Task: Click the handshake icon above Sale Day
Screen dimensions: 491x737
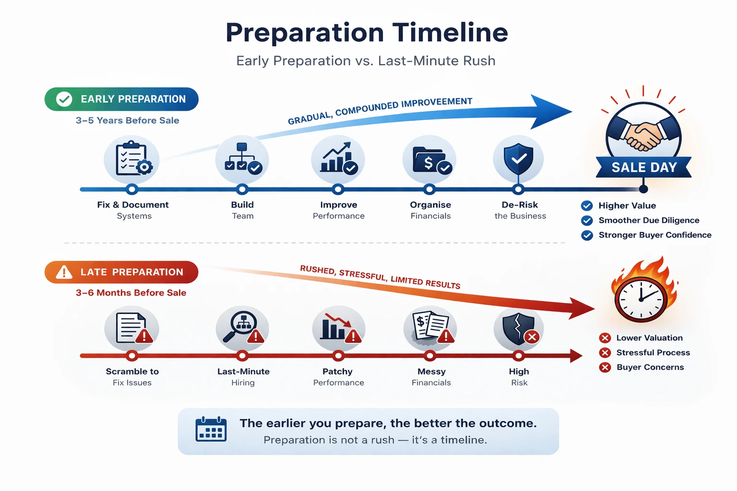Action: (x=643, y=135)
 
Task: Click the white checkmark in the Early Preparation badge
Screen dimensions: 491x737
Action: (x=64, y=99)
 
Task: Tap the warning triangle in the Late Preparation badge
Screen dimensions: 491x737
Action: (x=64, y=272)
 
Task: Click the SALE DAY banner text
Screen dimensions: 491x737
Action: (x=644, y=167)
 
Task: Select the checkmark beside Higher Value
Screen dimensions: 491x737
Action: (x=587, y=206)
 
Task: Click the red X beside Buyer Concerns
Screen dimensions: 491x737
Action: (x=605, y=367)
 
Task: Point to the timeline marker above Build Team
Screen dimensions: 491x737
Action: (x=242, y=189)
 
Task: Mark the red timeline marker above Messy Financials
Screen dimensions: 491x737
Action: (x=430, y=356)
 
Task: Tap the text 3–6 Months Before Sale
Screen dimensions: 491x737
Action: (x=131, y=292)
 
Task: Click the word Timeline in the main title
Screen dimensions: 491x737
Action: (x=450, y=33)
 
